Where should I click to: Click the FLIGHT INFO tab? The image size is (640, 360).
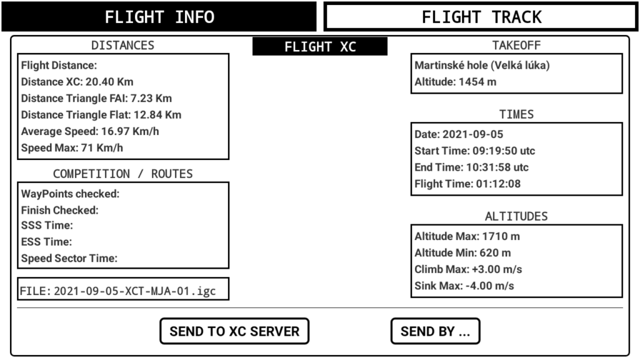[159, 17]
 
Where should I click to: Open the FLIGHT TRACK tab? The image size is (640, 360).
[481, 17]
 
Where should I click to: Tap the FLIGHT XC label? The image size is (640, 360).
[320, 46]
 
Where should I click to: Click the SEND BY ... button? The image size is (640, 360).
[435, 331]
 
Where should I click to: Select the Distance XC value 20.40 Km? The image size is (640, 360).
[109, 82]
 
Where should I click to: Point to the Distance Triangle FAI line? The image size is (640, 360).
[96, 98]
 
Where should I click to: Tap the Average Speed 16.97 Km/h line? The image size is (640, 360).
[90, 131]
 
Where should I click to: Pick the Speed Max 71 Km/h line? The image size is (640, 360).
[72, 147]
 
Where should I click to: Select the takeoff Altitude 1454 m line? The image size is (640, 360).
[456, 82]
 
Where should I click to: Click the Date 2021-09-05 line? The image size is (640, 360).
[459, 134]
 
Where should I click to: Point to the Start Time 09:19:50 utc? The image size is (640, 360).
[475, 151]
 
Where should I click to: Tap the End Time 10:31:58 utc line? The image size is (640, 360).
[471, 167]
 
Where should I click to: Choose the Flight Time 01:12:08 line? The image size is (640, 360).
[467, 184]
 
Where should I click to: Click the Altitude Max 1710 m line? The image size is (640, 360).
[467, 236]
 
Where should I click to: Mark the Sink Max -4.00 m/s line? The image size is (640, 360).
[464, 286]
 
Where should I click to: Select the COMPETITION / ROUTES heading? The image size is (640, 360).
[123, 174]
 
